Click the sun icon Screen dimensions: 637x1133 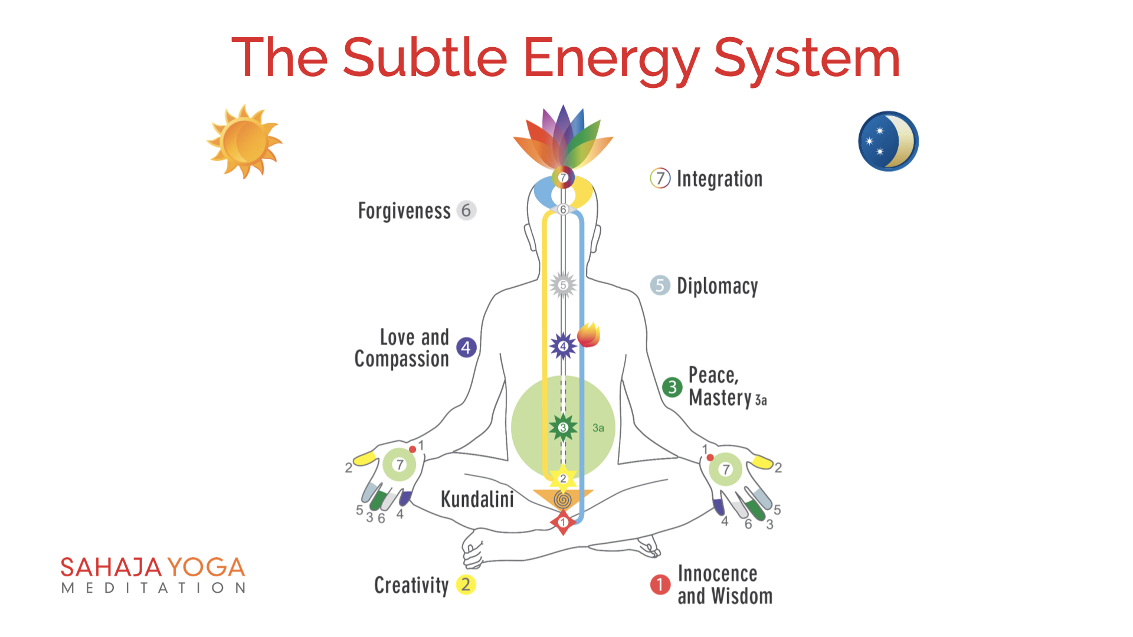coord(244,142)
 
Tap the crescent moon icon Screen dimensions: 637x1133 coord(888,141)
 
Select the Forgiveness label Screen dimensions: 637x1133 coord(404,211)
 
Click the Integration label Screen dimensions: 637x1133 coord(719,179)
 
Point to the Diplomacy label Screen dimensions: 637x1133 coord(717,286)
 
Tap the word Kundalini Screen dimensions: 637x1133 coord(477,499)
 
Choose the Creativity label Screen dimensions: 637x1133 coord(411,585)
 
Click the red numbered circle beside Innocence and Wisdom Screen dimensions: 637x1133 coord(660,585)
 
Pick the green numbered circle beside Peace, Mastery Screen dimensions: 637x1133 coord(672,387)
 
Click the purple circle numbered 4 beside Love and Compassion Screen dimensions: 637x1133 coord(466,347)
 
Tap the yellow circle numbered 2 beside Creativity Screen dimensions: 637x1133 coord(466,585)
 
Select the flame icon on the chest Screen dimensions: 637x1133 coord(588,334)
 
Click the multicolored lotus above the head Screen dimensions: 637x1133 coord(563,139)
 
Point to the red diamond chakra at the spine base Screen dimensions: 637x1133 coord(563,523)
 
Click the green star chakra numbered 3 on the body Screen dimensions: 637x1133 coord(563,428)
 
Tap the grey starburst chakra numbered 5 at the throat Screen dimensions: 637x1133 coord(563,285)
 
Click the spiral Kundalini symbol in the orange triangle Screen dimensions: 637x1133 coord(563,501)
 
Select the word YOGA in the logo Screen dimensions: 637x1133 coord(206,567)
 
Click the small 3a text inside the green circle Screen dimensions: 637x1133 coord(598,428)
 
